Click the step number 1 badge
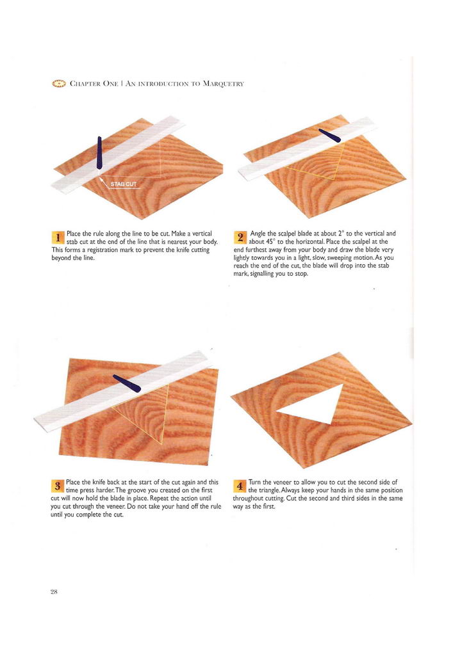[x=58, y=237]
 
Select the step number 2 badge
[x=240, y=237]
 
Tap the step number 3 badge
[x=58, y=486]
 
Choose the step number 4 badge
[x=240, y=486]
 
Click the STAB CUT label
[x=124, y=184]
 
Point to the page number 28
[x=54, y=592]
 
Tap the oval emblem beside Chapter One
[x=59, y=84]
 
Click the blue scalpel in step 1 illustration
[x=99, y=152]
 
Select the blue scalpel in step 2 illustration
[x=329, y=135]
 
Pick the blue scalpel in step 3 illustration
[x=126, y=383]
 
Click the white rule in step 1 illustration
[x=119, y=155]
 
